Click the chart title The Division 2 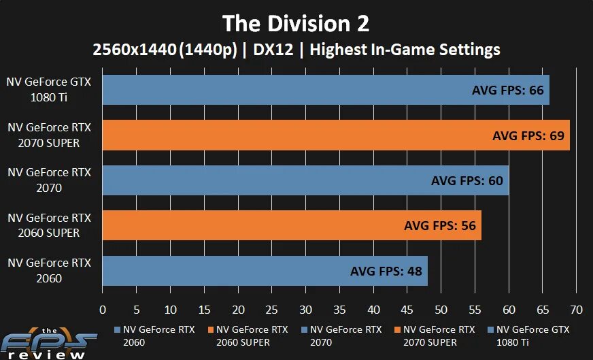[x=296, y=24]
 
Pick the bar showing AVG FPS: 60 [x=272, y=180]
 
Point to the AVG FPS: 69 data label [x=528, y=135]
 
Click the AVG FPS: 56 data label [x=440, y=226]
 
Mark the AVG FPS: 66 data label [x=508, y=90]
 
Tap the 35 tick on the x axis [x=339, y=310]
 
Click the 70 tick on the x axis [x=576, y=310]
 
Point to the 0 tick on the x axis [x=103, y=310]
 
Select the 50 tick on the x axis [x=441, y=310]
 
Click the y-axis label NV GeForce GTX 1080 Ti [x=48, y=89]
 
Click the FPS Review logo [x=44, y=345]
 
